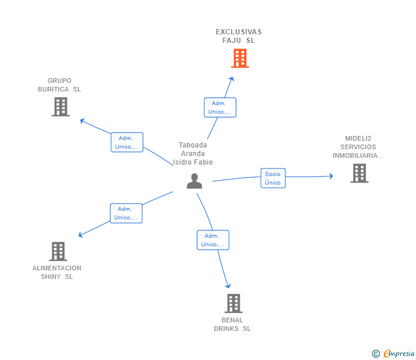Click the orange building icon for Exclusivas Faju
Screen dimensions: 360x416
pyautogui.click(x=240, y=58)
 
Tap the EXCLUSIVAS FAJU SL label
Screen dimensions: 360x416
pyautogui.click(x=238, y=36)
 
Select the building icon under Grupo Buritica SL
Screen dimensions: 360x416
pyautogui.click(x=61, y=107)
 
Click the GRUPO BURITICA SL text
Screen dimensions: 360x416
pyautogui.click(x=59, y=85)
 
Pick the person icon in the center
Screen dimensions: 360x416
pyautogui.click(x=194, y=181)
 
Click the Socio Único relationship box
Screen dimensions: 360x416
pyautogui.click(x=273, y=178)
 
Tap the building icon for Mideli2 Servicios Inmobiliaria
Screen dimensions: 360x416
pyautogui.click(x=359, y=173)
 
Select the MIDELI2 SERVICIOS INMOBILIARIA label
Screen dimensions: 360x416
pyautogui.click(x=358, y=147)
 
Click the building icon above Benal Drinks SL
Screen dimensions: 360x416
pyautogui.click(x=233, y=303)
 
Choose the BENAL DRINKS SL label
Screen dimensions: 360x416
pyautogui.click(x=232, y=324)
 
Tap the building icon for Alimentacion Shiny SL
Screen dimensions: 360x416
pyautogui.click(x=58, y=251)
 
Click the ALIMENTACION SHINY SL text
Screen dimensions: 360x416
pyautogui.click(x=57, y=272)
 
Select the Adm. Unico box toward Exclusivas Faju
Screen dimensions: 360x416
pyautogui.click(x=220, y=107)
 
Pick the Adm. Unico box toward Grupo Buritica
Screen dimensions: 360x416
pyautogui.click(x=127, y=142)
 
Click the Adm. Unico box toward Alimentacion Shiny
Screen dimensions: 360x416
pyautogui.click(x=126, y=213)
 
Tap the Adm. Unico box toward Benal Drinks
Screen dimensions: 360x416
pyautogui.click(x=213, y=240)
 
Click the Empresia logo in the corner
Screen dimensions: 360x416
pyautogui.click(x=394, y=353)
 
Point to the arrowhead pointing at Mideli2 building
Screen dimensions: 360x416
pyautogui.click(x=331, y=176)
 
